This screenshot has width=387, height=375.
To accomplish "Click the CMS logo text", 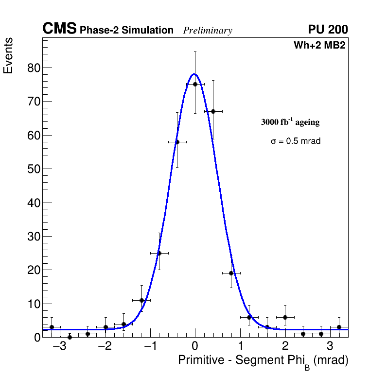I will tap(59, 29).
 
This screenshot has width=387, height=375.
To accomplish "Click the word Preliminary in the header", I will tap(208, 31).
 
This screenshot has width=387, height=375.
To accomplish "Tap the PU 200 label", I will tap(328, 30).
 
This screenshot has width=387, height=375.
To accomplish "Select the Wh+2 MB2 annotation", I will tap(319, 46).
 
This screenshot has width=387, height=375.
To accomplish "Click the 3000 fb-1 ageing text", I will tap(290, 122).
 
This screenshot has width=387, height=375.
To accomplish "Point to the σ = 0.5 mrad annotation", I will tap(296, 141).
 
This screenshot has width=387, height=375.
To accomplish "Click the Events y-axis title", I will tap(8, 56).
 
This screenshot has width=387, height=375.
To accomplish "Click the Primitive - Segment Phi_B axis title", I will tap(263, 361).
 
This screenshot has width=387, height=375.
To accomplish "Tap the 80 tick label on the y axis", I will tap(33, 68).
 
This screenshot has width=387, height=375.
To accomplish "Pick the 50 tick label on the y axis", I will tap(33, 169).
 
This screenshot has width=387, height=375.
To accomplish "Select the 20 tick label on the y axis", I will tap(33, 270).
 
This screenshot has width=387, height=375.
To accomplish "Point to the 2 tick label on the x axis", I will tap(285, 347).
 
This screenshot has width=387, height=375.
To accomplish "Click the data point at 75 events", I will tap(195, 84).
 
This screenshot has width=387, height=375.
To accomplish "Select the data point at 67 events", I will tap(213, 111).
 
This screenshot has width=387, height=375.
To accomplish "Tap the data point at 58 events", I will tap(177, 142).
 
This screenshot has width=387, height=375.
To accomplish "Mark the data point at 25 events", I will tap(159, 253).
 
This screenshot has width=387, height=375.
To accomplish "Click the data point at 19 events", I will tap(231, 273).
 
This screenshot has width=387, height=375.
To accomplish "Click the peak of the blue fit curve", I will tap(194, 74).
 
